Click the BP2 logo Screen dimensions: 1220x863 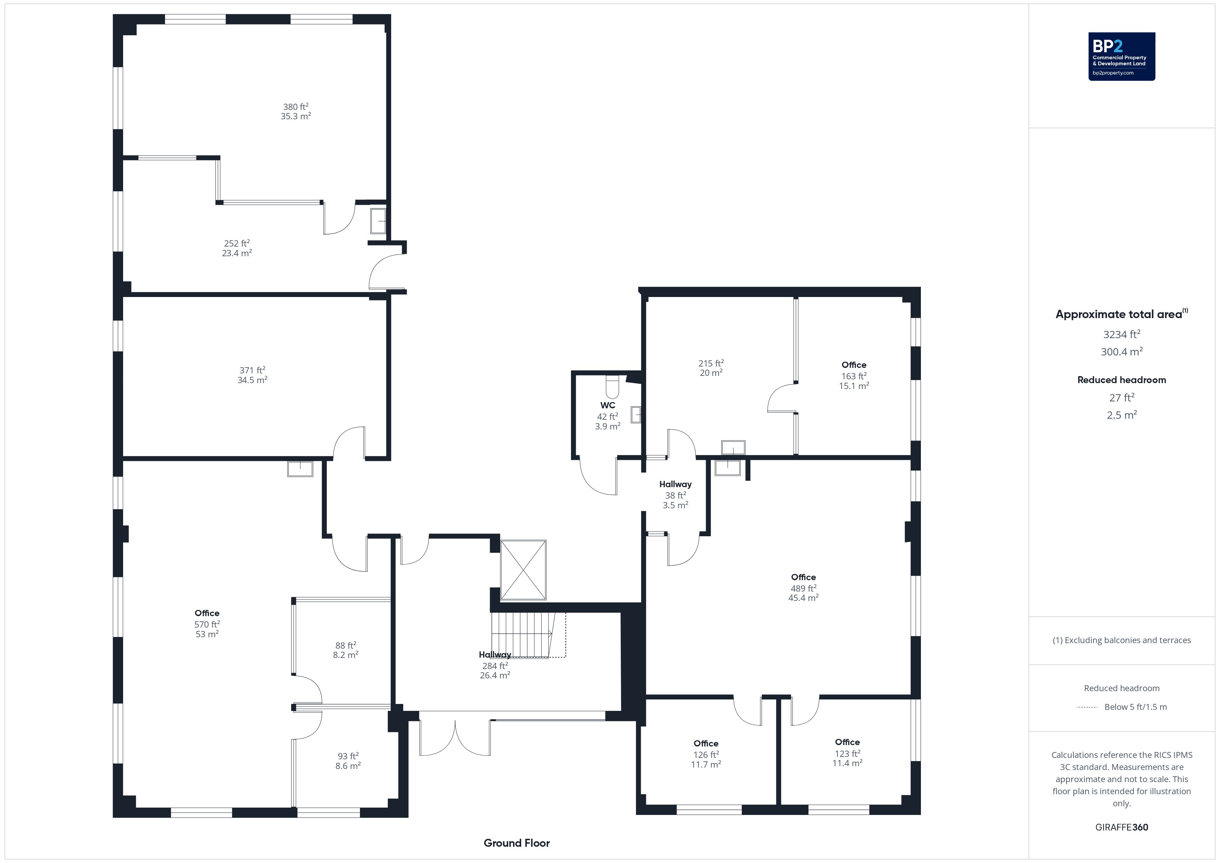click(x=1122, y=56)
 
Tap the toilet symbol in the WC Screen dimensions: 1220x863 click(x=613, y=387)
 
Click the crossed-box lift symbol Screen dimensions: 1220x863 click(x=524, y=570)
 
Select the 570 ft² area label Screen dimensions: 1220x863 click(x=207, y=624)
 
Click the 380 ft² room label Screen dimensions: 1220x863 click(x=296, y=107)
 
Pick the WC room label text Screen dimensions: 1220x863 click(x=608, y=405)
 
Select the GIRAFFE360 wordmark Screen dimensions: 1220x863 click(x=1122, y=827)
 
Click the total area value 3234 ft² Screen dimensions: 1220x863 click(x=1122, y=334)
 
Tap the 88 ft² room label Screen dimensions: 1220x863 click(x=346, y=645)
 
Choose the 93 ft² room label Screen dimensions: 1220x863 click(x=348, y=756)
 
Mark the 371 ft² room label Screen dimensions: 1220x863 click(x=252, y=370)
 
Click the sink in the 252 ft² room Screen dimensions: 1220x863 click(x=378, y=221)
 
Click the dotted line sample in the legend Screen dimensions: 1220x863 click(x=1087, y=707)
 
